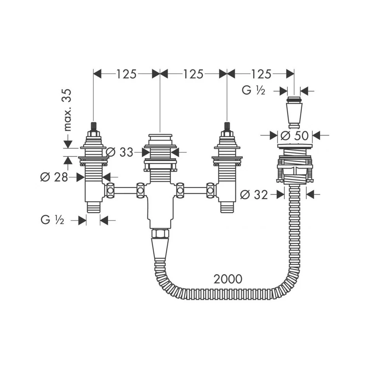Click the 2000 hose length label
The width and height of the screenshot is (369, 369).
point(228,279)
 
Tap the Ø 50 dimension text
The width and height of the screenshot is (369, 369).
point(294,135)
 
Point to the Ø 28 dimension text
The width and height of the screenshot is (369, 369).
point(54,177)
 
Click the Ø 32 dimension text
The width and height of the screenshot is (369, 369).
point(254,194)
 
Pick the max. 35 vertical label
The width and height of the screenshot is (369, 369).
point(67,110)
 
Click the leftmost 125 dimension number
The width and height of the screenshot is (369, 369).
point(126,74)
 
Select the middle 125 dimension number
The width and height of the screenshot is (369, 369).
point(193,74)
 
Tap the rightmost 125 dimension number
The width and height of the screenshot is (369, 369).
point(261,74)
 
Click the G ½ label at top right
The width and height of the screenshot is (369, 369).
point(254,90)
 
